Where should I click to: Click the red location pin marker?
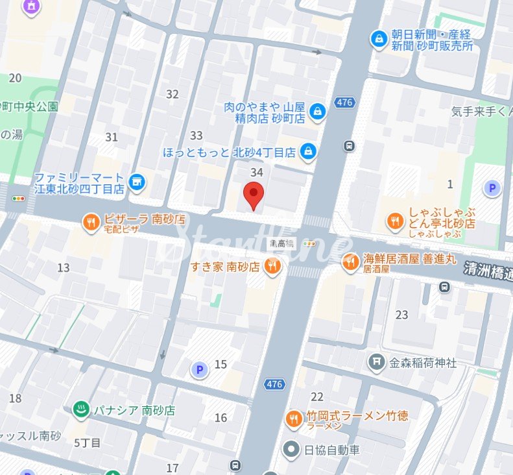coord(253,195)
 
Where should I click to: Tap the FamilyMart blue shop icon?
coord(136,183)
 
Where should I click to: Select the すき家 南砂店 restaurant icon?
coord(273,265)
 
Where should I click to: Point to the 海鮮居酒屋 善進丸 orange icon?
coord(351,262)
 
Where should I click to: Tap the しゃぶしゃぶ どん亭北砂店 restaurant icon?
coord(394,223)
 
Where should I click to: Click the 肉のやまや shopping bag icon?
coord(317,111)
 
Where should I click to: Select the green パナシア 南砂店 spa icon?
coord(80,409)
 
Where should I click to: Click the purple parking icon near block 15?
coord(198,370)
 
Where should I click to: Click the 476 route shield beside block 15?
coord(274,385)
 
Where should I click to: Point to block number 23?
coord(402,315)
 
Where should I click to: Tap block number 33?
coord(196,136)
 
